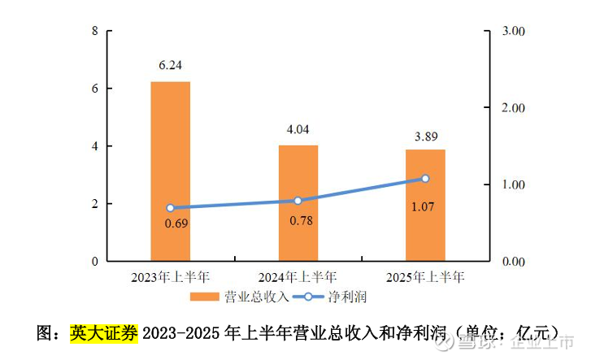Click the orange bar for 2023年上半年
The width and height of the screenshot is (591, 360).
coord(171,171)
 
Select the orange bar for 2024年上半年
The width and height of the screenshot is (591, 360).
coord(298,203)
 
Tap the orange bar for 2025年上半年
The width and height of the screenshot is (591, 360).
coord(425,205)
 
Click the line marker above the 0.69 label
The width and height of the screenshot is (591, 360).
coord(171,208)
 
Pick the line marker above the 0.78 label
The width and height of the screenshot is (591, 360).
coord(298,201)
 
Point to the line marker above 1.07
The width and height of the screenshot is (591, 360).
coord(425,179)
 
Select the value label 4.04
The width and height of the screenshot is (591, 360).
coord(298,129)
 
